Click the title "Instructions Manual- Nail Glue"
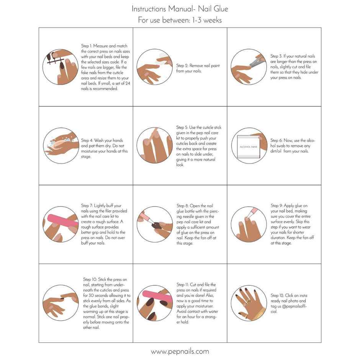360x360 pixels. coord(180,8)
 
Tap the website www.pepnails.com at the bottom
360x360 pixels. coord(180,351)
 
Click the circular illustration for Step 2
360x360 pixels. coord(154,67)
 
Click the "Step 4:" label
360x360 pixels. coord(87,141)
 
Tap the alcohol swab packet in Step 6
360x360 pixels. coord(249,147)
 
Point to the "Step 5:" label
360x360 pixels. coord(182,128)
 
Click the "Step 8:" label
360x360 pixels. coord(182,206)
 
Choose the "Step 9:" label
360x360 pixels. coord(277,206)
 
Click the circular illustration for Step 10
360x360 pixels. coord(61,303)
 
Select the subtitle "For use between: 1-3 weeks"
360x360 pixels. coord(180,20)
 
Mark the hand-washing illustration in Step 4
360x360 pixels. coord(61,146)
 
